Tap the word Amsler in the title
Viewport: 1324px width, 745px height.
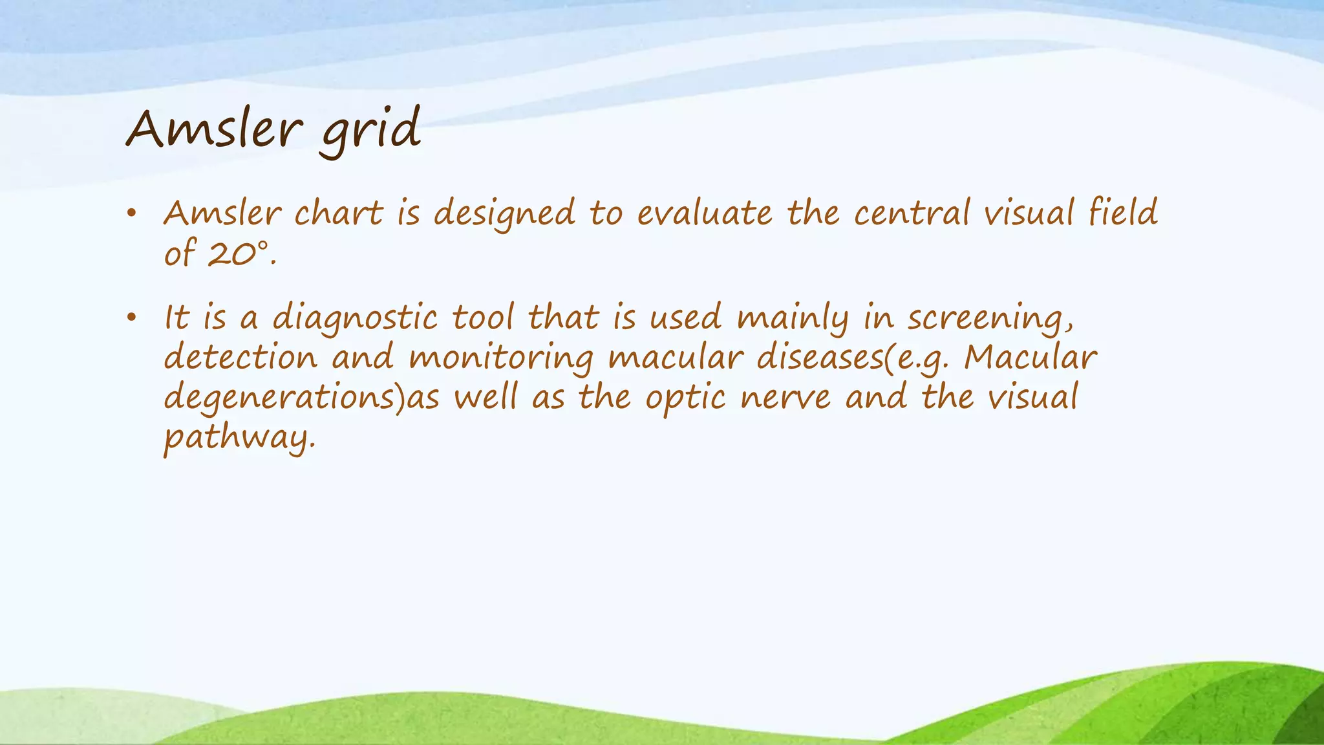coord(214,129)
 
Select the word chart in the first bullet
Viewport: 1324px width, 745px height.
coord(338,213)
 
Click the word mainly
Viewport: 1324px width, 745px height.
coord(793,319)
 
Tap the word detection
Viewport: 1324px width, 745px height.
coord(240,358)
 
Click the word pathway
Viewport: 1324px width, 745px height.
coord(240,439)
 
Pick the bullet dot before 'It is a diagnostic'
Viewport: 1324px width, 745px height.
coord(131,318)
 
